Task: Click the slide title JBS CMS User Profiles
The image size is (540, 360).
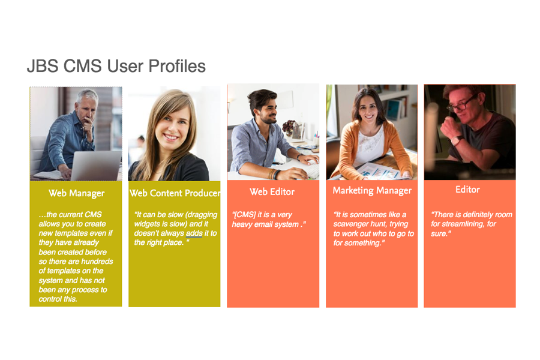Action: pos(116,66)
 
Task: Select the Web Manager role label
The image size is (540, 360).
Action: pos(76,193)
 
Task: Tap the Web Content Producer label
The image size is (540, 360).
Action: pos(175,193)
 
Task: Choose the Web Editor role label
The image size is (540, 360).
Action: pos(272,191)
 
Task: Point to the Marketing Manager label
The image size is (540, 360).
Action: pos(372,191)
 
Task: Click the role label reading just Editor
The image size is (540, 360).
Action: pos(467,190)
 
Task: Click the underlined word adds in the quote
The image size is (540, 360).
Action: pos(194,233)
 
